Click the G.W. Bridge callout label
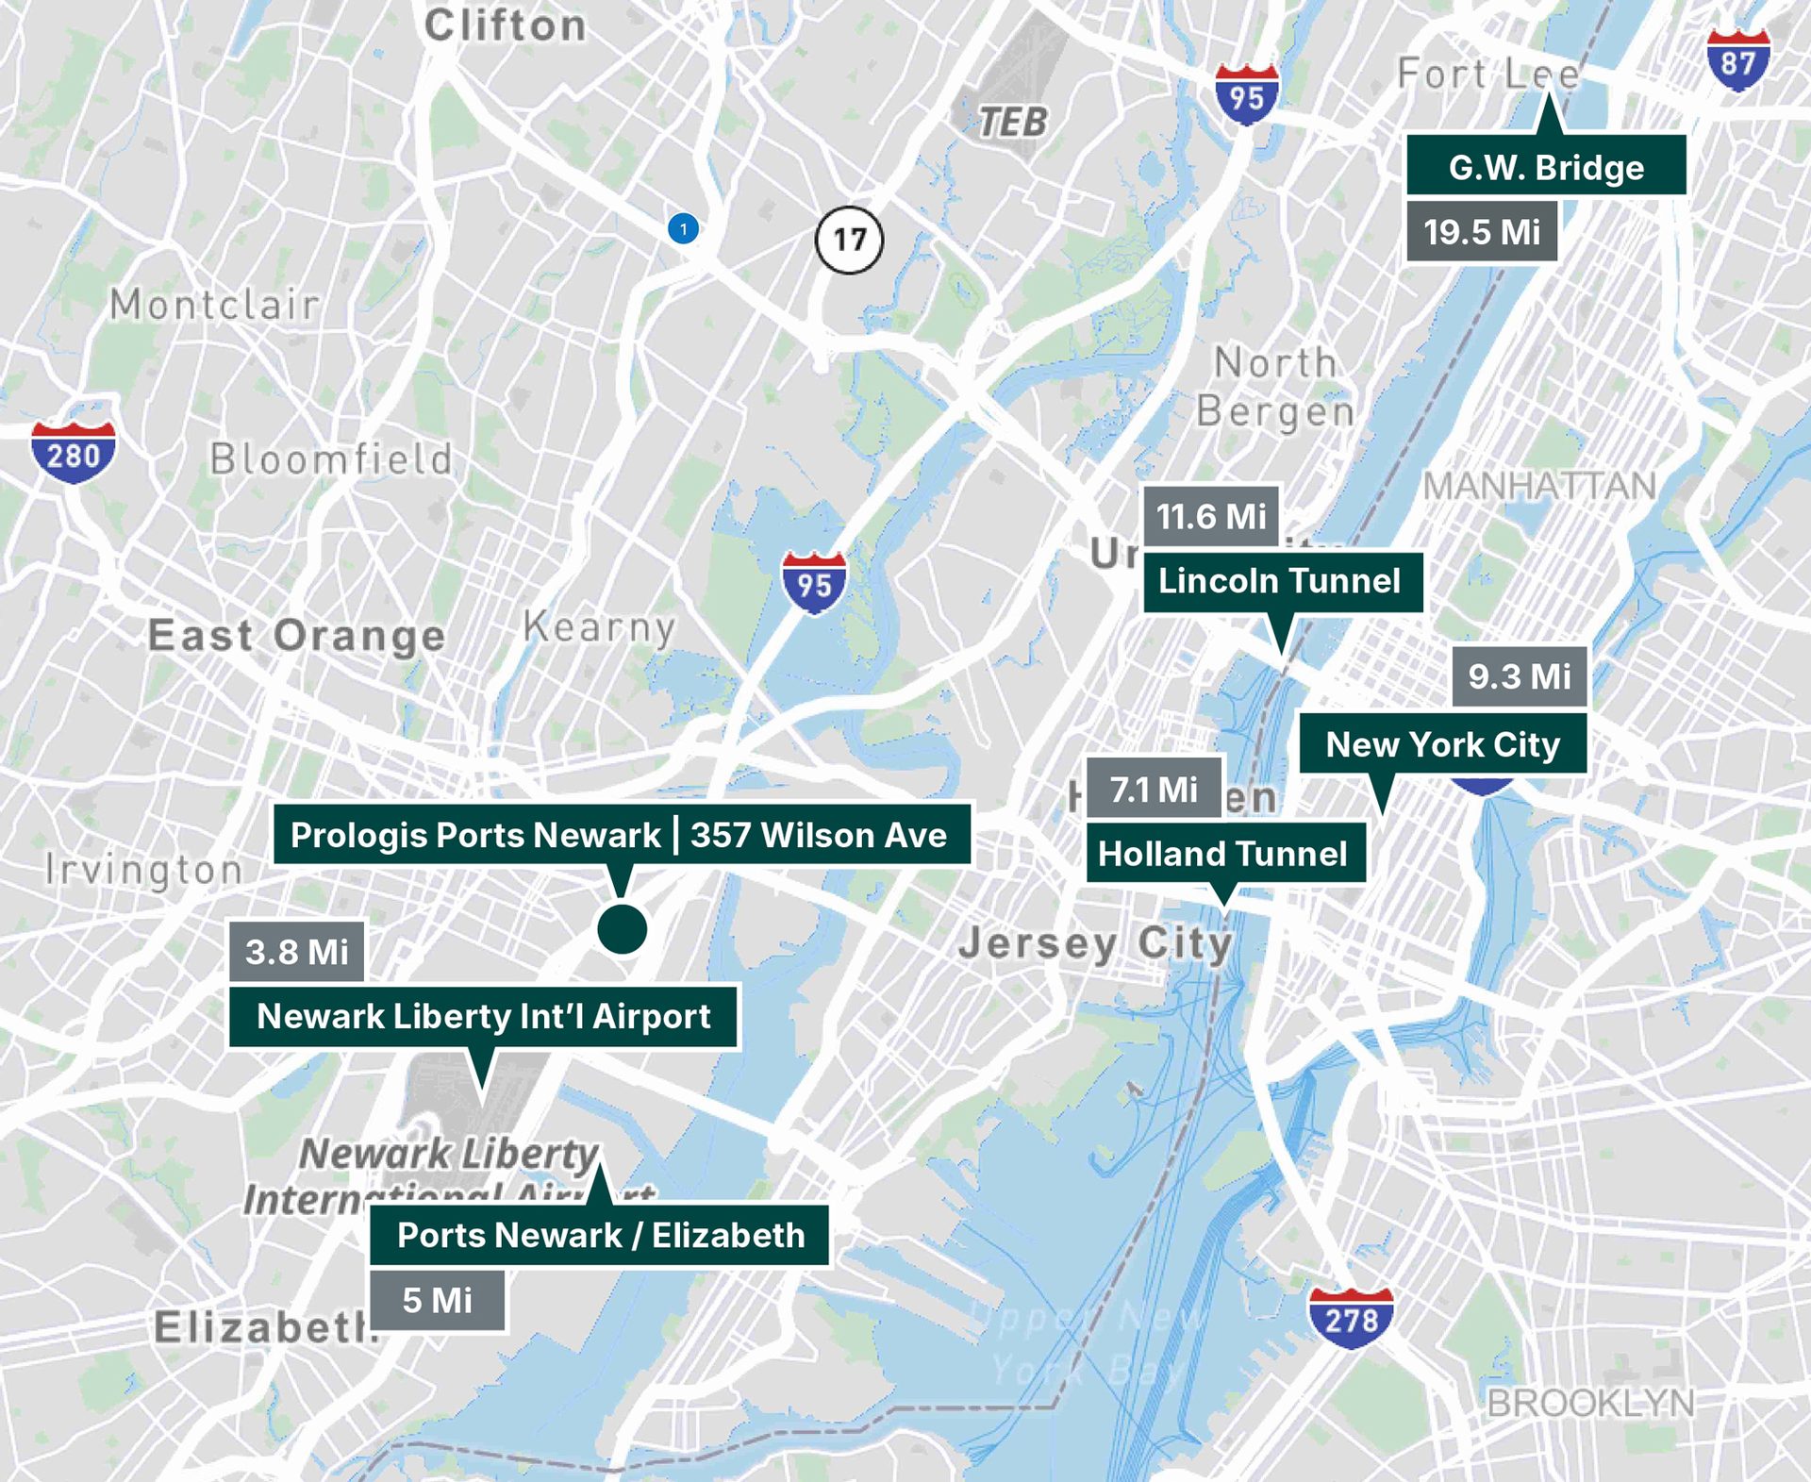1546,166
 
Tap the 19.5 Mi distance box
1481,232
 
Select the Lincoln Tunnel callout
1281,581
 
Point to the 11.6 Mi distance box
1211,516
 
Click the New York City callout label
1442,744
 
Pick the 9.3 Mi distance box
1519,676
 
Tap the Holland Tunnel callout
1224,854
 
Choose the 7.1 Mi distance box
1154,789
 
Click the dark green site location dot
622,929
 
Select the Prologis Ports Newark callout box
621,835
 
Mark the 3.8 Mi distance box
296,952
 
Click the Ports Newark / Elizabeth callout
600,1235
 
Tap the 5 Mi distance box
437,1301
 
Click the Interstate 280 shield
73,454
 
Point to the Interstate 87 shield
1737,59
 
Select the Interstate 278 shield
1350,1317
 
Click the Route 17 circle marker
849,240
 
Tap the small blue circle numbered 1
683,228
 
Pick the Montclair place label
214,305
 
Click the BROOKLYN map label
1590,1404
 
